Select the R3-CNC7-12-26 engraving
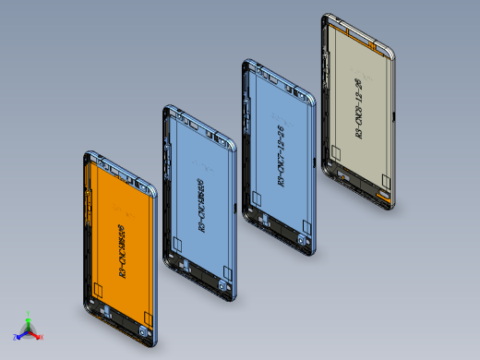(x=281, y=159)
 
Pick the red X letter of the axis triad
(x=42, y=338)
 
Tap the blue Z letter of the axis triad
(x=15, y=337)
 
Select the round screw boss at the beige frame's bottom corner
(x=385, y=197)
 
